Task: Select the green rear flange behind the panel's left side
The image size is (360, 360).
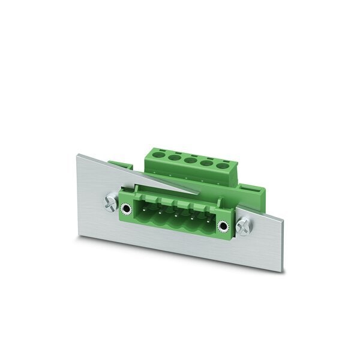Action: click(121, 164)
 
